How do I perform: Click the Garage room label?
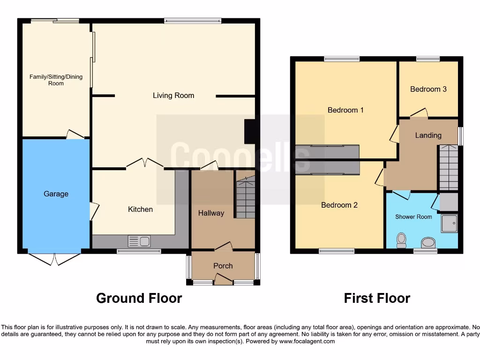[x=56, y=194]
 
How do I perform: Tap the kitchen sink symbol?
[x=139, y=241]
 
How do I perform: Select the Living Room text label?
[x=173, y=96]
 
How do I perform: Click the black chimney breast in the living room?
[x=250, y=132]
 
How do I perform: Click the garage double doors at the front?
[x=55, y=259]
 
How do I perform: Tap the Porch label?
[x=223, y=266]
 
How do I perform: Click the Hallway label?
[x=211, y=213]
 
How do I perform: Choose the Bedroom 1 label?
[x=345, y=110]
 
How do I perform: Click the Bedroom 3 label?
[x=428, y=89]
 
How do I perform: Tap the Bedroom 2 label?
[x=339, y=205]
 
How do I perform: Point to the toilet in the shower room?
[x=401, y=240]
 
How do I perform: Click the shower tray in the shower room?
[x=449, y=224]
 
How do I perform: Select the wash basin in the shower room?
[x=428, y=243]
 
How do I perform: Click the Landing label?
[x=428, y=135]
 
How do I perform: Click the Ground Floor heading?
[x=139, y=298]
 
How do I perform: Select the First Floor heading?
[x=377, y=298]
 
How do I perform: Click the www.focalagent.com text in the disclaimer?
[x=307, y=341]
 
